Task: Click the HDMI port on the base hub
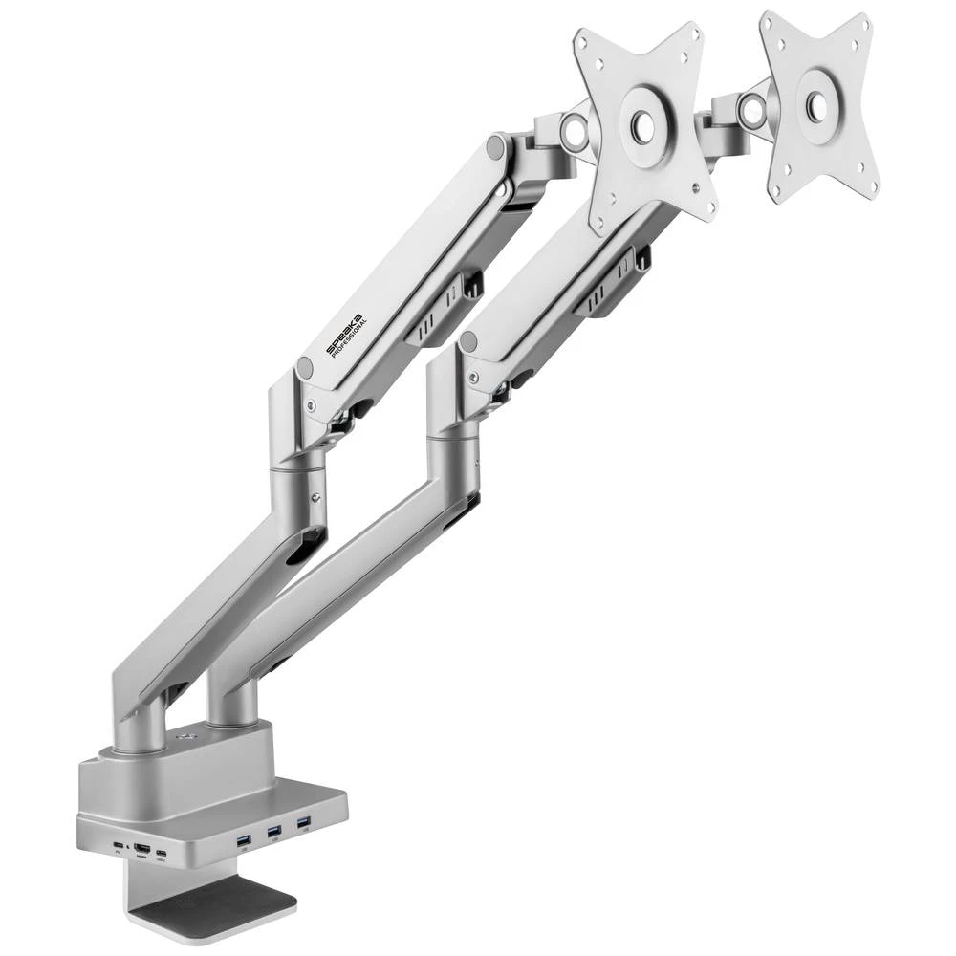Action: pos(141,848)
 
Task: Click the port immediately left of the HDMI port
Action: pos(118,848)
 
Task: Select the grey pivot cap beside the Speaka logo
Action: pos(305,366)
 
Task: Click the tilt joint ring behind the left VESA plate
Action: pos(576,128)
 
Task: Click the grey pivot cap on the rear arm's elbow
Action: pos(468,342)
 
